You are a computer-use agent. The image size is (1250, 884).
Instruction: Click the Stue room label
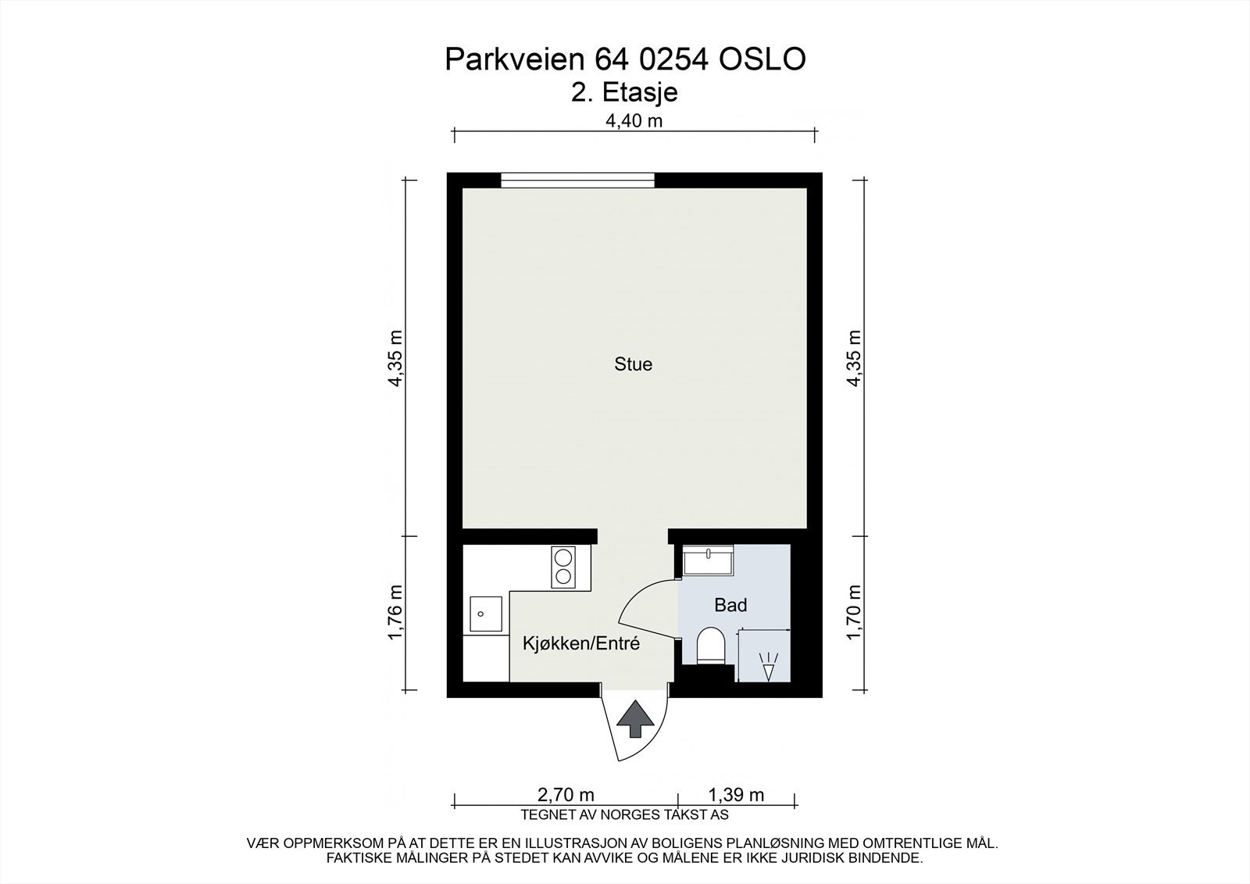pyautogui.click(x=633, y=364)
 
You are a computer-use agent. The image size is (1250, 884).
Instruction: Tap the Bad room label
pyautogui.click(x=730, y=605)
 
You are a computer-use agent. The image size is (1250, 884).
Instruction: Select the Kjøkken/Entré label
pyautogui.click(x=581, y=644)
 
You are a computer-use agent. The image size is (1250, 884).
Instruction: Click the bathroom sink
pyautogui.click(x=707, y=562)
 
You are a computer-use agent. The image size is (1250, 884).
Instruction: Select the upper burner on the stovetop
pyautogui.click(x=562, y=557)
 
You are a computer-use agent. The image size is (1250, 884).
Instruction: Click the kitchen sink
pyautogui.click(x=486, y=614)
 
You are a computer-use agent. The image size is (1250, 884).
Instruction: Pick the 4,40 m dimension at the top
pyautogui.click(x=634, y=120)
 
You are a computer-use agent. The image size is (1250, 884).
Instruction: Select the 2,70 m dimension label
pyautogui.click(x=566, y=796)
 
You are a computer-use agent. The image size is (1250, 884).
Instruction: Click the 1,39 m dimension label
pyautogui.click(x=735, y=796)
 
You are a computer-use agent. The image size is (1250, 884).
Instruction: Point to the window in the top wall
pyautogui.click(x=577, y=181)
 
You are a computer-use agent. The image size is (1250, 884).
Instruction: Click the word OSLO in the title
pyautogui.click(x=760, y=60)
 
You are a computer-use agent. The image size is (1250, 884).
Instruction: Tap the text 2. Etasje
pyautogui.click(x=624, y=93)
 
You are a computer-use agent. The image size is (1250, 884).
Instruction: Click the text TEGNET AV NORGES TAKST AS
pyautogui.click(x=624, y=815)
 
